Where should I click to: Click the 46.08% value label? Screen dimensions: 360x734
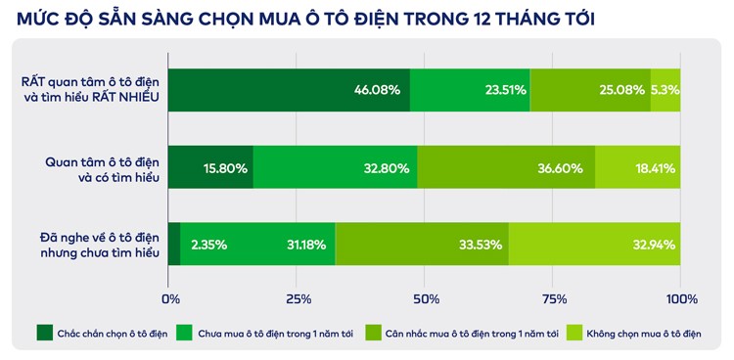tap(376, 90)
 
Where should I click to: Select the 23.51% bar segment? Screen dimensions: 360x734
tap(470, 90)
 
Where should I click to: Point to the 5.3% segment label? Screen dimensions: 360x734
tap(665, 90)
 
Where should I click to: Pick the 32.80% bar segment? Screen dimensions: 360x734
tap(336, 167)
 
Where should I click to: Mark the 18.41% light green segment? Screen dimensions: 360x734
tap(638, 167)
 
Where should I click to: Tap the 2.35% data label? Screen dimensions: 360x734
tap(209, 244)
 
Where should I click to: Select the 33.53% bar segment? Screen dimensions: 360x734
tap(422, 244)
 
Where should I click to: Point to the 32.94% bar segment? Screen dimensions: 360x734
tap(594, 244)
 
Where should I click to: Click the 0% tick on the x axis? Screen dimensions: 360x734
tap(170, 298)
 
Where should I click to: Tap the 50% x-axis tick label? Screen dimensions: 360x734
tap(426, 298)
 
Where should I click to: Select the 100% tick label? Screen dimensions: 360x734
tap(681, 298)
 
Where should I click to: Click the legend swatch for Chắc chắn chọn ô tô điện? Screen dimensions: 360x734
tap(44, 334)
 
